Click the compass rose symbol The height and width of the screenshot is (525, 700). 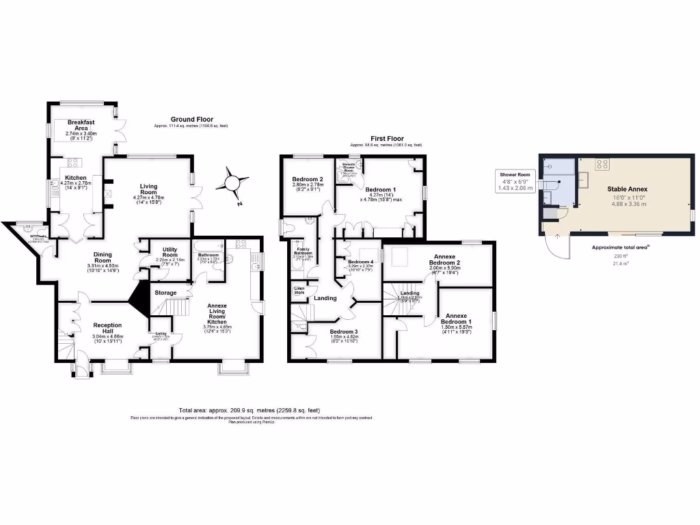tap(234, 183)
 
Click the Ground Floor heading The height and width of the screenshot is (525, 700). tap(192, 119)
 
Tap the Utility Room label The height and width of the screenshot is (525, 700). tap(165, 250)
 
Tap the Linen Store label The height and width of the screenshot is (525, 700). tap(299, 291)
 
